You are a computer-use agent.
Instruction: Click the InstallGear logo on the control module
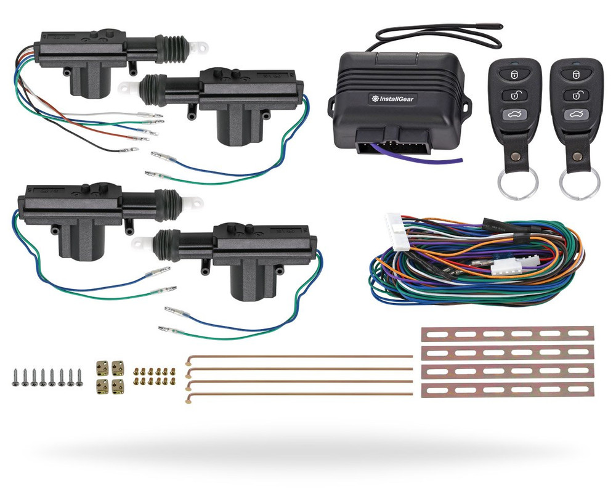(393, 99)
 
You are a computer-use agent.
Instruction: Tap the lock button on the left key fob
(514, 73)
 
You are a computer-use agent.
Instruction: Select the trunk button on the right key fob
(577, 115)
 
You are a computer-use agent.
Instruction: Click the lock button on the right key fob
(576, 74)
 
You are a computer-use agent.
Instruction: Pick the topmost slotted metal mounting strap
(507, 334)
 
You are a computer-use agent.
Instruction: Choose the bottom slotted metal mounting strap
(507, 390)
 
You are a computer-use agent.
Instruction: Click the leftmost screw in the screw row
(17, 377)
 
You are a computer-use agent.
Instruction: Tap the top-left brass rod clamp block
(102, 368)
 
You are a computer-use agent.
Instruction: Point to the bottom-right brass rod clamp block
(118, 387)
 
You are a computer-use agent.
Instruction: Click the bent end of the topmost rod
(189, 359)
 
